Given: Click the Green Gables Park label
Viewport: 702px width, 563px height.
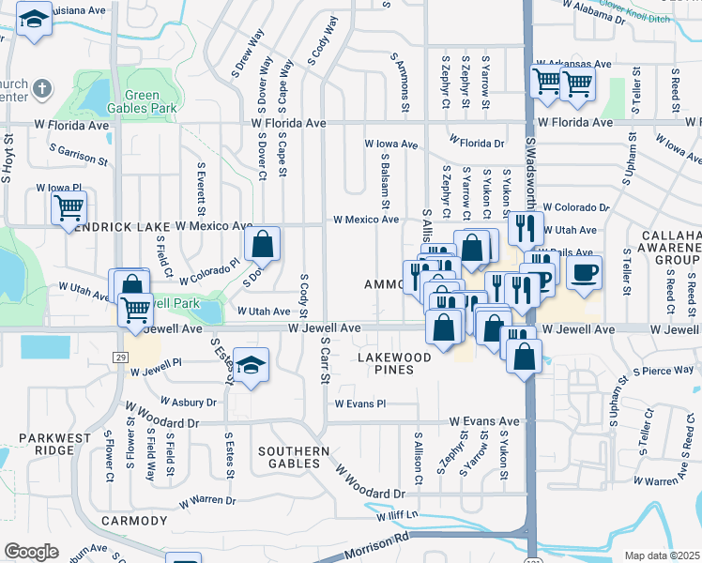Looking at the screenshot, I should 150,101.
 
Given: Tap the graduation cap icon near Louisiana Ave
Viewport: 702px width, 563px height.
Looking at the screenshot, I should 35,22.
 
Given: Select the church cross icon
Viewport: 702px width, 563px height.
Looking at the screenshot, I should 41,90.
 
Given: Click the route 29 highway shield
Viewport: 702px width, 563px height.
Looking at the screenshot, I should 121,358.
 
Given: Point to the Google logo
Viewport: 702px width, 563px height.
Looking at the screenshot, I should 31,552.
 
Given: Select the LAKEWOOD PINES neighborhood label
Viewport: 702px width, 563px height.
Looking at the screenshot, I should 393,364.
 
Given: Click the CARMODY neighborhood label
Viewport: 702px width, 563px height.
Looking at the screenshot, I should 133,520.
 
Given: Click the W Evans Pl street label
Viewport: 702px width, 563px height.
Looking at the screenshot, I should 360,403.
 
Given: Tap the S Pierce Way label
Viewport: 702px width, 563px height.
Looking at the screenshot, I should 656,372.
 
